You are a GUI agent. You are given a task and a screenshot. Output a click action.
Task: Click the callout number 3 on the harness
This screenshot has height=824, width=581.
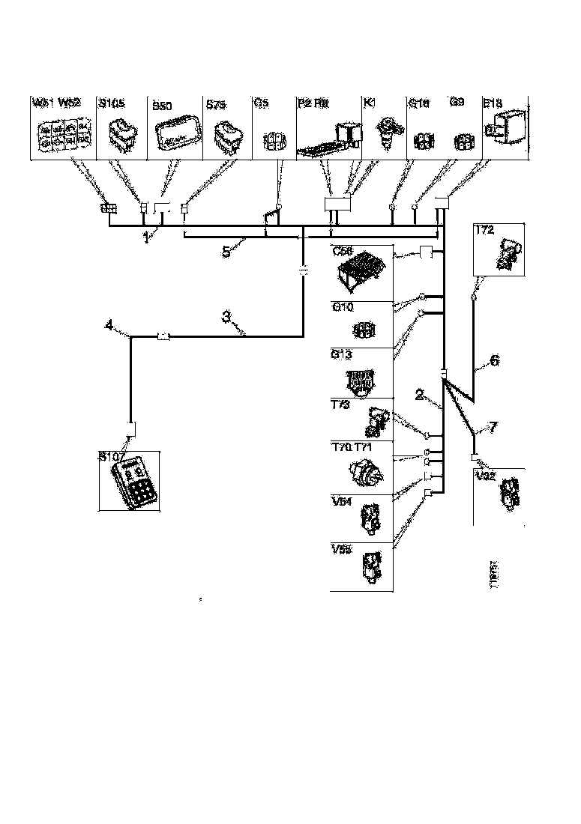pos(227,317)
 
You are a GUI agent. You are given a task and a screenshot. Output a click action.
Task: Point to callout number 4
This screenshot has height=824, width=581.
pos(109,325)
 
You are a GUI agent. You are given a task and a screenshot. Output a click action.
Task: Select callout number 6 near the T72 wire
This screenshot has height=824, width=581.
pos(494,360)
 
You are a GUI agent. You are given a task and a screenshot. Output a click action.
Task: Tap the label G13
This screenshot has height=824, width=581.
pos(342,354)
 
